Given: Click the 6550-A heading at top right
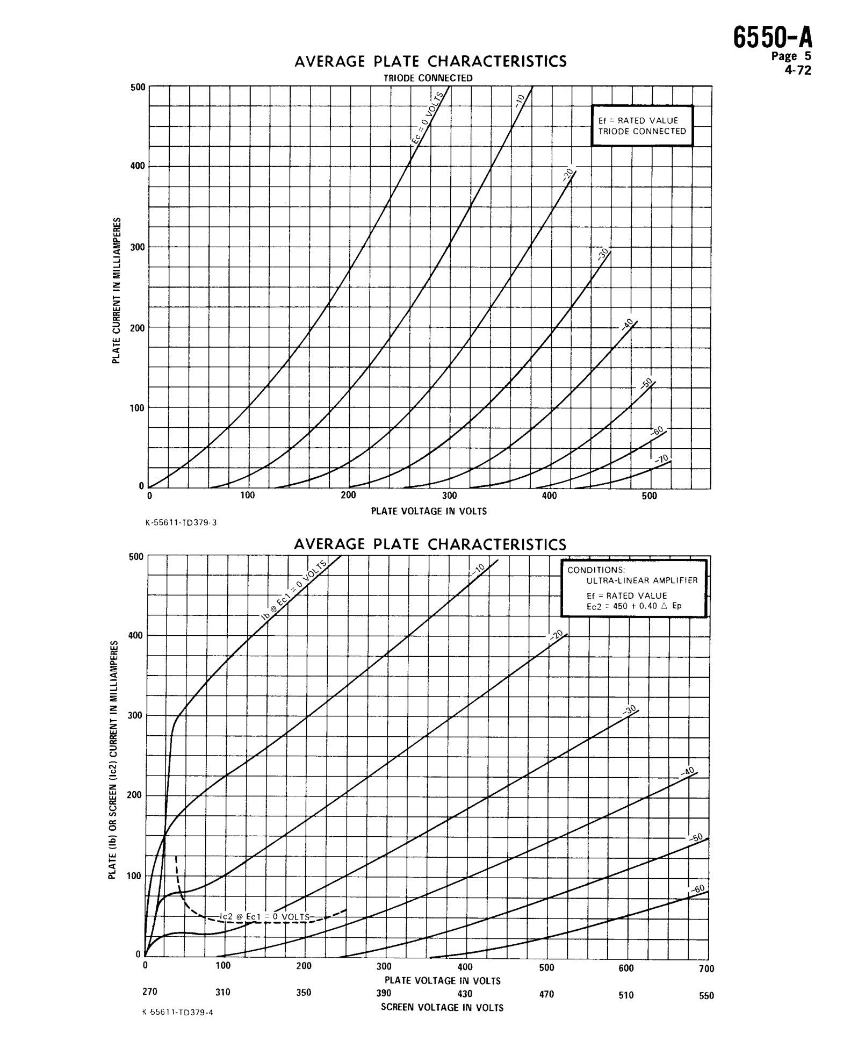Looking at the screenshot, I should pyautogui.click(x=773, y=38).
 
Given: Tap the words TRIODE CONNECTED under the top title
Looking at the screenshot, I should pyautogui.click(x=428, y=78).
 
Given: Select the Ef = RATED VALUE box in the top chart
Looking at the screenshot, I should pyautogui.click(x=642, y=125).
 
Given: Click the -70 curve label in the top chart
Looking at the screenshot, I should pyautogui.click(x=661, y=458).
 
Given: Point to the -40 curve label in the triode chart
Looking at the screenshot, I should pyautogui.click(x=626, y=324).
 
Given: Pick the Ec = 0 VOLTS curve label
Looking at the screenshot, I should pyautogui.click(x=428, y=118).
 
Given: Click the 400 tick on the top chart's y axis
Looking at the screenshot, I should pyautogui.click(x=138, y=166).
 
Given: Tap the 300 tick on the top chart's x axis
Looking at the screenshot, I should pyautogui.click(x=449, y=496).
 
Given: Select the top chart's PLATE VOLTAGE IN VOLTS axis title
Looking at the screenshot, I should pyautogui.click(x=429, y=511).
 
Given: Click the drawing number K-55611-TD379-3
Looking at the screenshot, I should pyautogui.click(x=181, y=522).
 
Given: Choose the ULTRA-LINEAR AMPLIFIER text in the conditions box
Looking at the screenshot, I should pyautogui.click(x=641, y=580).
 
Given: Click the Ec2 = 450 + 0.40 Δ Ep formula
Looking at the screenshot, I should pyautogui.click(x=634, y=606).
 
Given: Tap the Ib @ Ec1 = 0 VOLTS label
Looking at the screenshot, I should pyautogui.click(x=294, y=590).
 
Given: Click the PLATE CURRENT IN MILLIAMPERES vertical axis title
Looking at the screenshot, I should pyautogui.click(x=116, y=290).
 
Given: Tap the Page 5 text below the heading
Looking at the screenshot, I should pyautogui.click(x=791, y=56).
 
